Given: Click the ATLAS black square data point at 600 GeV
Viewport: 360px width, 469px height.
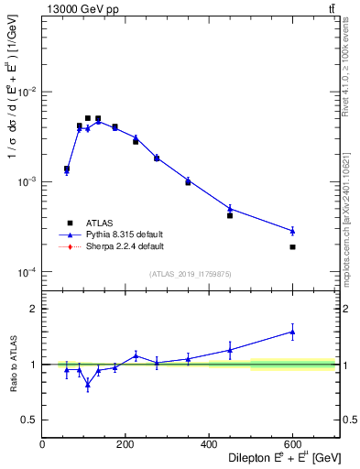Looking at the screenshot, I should pyautogui.click(x=292, y=247).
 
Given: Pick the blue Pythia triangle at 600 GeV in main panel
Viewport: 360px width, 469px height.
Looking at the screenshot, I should pyautogui.click(x=292, y=230).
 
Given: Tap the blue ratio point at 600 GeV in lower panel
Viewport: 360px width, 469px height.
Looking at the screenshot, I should pyautogui.click(x=292, y=333).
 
